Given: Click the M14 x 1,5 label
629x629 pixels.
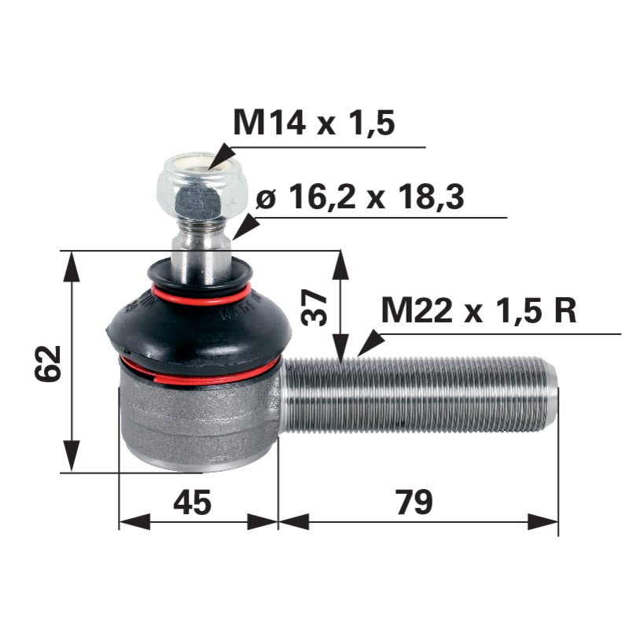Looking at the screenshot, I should (x=314, y=123).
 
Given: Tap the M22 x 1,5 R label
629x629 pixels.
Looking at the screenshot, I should (x=479, y=311).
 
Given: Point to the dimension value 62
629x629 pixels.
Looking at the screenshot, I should (x=49, y=362).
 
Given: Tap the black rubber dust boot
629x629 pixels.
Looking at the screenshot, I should (x=197, y=322).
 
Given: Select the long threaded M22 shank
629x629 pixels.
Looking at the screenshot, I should (x=417, y=395).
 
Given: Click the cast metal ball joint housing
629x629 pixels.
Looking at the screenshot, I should (x=197, y=421).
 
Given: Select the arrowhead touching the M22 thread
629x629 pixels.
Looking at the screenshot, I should (x=368, y=344).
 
